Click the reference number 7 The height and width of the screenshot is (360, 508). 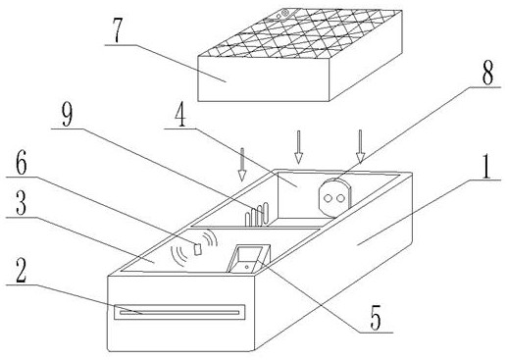(119, 30)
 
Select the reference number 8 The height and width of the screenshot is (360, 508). (487, 73)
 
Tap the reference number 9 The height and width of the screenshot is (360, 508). (67, 115)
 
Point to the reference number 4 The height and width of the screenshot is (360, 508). (180, 116)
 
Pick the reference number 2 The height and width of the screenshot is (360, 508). (22, 270)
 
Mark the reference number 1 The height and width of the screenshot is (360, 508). (486, 167)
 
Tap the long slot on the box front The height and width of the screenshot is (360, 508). (179, 312)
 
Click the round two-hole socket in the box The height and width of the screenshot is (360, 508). (333, 197)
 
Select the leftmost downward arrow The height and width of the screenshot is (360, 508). (242, 165)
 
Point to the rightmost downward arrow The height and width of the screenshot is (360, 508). (360, 146)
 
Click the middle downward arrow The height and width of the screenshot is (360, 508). (298, 147)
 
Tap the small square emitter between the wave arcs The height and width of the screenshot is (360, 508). (197, 249)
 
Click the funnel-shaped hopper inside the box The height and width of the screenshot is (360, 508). (249, 259)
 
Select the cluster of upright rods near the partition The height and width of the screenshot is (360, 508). (257, 215)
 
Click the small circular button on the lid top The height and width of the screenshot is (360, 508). (284, 13)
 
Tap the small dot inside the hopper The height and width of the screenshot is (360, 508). (246, 267)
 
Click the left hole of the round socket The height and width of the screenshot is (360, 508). (328, 198)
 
